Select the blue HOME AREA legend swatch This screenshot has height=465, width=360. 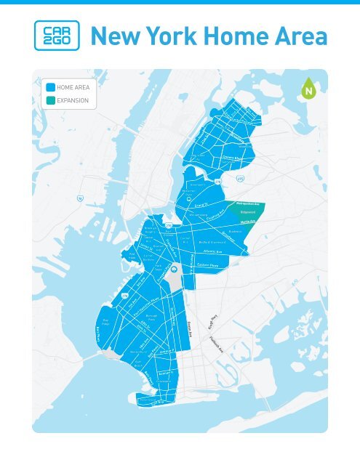tap(49, 87)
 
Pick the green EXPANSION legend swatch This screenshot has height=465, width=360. tap(49, 100)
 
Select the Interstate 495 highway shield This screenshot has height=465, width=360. tap(240, 179)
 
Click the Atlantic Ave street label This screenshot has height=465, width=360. tap(219, 253)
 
